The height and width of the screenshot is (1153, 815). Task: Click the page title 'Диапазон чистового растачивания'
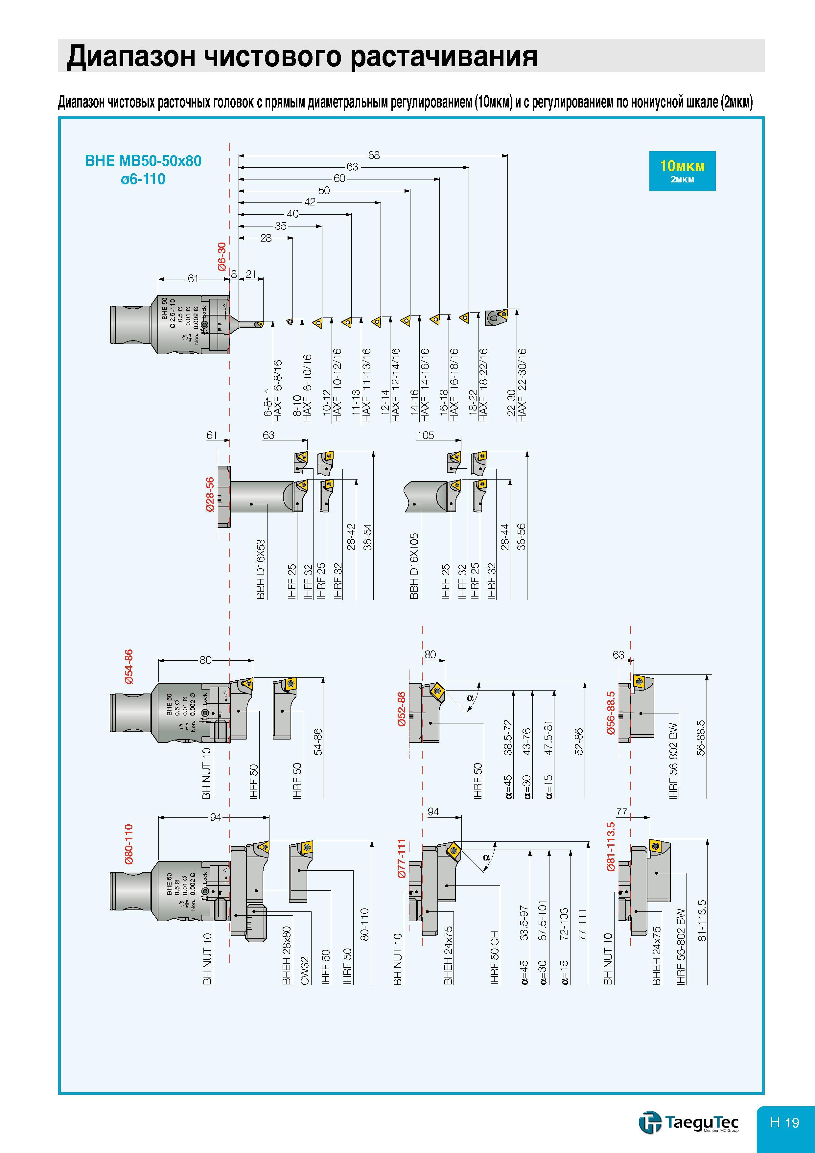pos(302,56)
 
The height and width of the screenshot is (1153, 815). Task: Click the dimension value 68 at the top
pos(374,155)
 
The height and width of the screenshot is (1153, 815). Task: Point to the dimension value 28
pos(266,238)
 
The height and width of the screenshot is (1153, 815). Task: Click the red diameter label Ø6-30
pos(222,257)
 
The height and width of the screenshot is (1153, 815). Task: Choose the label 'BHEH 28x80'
pos(287,955)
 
